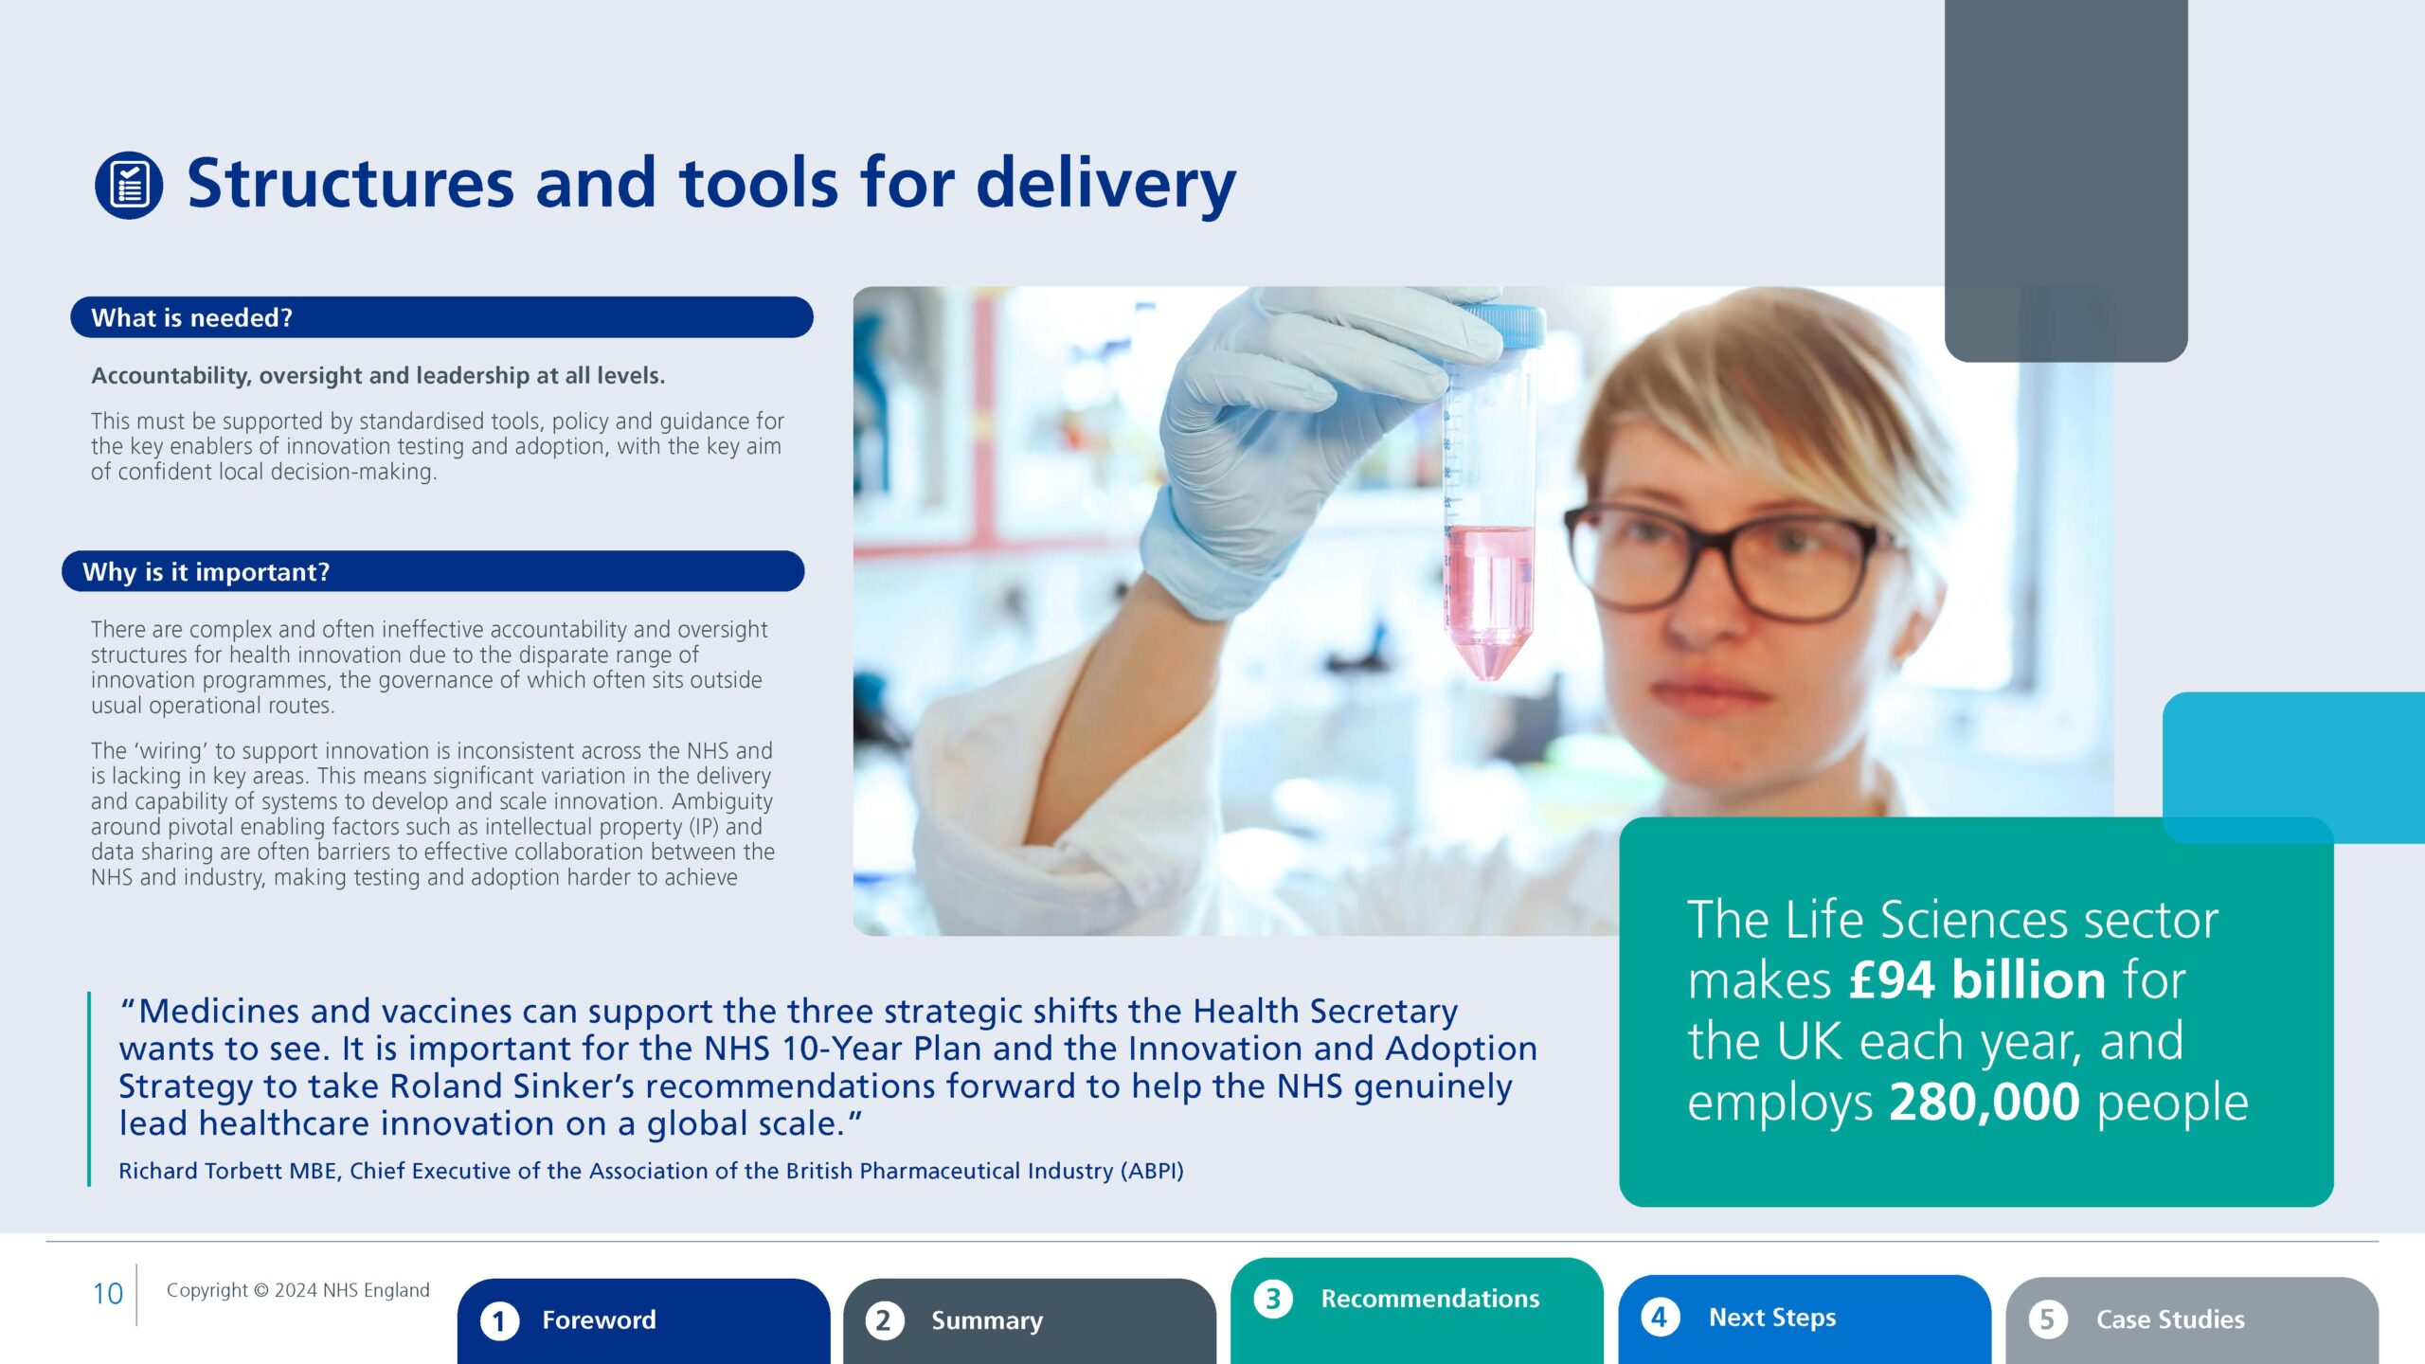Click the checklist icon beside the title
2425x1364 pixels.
(129, 186)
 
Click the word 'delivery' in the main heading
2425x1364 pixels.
(1105, 186)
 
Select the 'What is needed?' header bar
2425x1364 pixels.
(441, 317)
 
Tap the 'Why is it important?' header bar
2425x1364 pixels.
(433, 571)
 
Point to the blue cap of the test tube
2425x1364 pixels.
(1505, 325)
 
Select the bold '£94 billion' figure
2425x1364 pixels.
(1978, 979)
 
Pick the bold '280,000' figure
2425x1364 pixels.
(1985, 1102)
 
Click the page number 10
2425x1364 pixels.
(108, 1294)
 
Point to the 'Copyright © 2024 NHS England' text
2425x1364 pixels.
(298, 1290)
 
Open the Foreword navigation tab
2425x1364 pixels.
(644, 1320)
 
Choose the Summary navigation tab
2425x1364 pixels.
(1030, 1320)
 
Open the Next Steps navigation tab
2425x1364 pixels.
(1805, 1319)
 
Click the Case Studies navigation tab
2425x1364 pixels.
(2192, 1320)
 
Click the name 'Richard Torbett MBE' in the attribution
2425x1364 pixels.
(228, 1171)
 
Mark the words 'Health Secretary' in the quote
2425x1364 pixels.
(1325, 1012)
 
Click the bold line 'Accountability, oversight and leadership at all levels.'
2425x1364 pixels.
(378, 376)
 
